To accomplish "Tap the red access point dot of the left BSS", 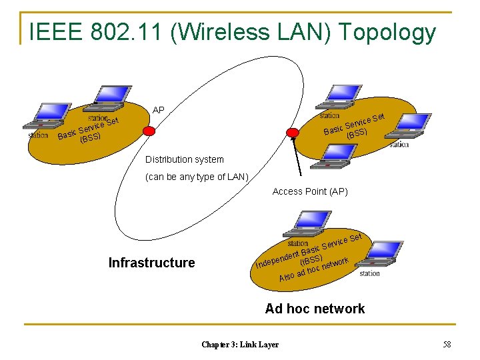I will point(149,131).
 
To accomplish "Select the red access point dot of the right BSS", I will point(292,133).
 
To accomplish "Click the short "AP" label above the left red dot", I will point(159,110).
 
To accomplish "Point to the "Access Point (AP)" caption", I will point(310,192).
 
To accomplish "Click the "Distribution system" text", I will point(185,160).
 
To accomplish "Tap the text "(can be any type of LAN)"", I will point(197,177).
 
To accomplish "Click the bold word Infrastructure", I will point(152,263).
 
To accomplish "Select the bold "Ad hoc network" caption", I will point(315,309).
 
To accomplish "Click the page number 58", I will point(447,344).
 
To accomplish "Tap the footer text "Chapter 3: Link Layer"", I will point(240,344).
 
